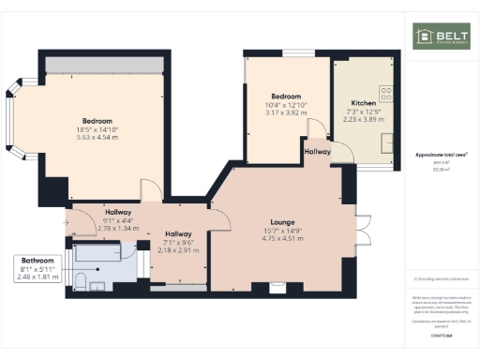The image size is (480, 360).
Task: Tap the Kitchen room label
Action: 364,102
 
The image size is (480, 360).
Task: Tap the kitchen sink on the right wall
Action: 387,142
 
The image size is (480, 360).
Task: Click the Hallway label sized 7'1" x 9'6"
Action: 178,234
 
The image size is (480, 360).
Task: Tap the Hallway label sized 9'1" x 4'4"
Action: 118,212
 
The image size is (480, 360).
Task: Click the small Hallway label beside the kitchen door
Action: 317,150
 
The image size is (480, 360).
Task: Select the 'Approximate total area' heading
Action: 441,155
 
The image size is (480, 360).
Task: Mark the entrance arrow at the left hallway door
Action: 65,222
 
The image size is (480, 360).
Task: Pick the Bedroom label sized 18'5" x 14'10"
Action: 97,121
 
